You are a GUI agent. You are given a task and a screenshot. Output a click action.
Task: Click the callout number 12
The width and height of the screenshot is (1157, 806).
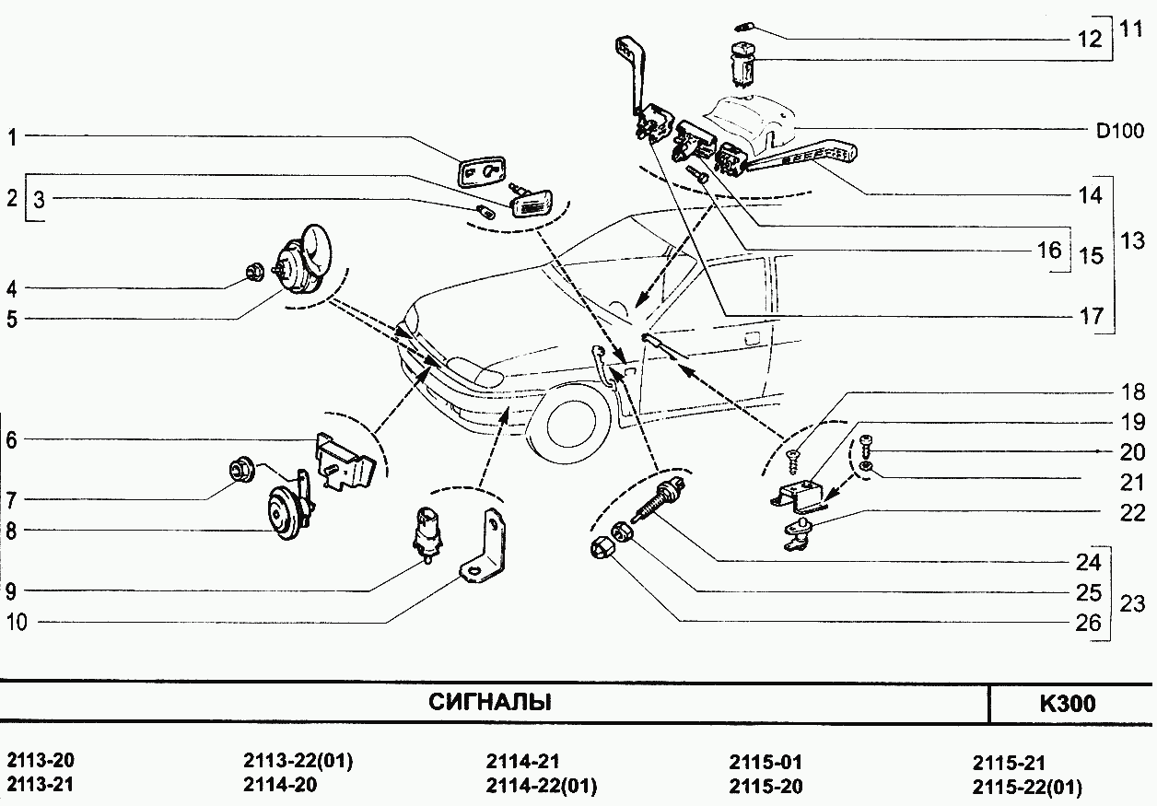(x=1090, y=39)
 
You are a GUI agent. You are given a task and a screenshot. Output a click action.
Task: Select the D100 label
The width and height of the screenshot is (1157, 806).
(x=1119, y=131)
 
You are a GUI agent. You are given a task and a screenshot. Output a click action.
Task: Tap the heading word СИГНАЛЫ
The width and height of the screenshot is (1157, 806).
(x=490, y=703)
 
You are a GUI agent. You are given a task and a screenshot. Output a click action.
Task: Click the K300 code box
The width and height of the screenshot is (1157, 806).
(x=1068, y=704)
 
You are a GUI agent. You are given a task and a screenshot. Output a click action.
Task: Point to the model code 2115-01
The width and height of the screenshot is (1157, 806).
(x=765, y=763)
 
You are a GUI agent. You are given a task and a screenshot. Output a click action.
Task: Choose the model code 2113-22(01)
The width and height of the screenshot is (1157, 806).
(x=298, y=763)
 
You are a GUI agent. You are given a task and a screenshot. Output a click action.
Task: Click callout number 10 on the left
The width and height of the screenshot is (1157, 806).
(x=17, y=623)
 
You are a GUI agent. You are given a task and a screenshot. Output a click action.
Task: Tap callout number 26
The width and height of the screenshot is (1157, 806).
(x=1089, y=624)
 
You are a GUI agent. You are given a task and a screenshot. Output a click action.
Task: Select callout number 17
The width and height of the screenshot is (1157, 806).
(x=1091, y=316)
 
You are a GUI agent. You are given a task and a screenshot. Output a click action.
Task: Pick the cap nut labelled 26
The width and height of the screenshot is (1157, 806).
(x=599, y=550)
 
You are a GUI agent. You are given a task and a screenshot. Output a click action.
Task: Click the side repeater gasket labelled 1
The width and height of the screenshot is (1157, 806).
(x=481, y=171)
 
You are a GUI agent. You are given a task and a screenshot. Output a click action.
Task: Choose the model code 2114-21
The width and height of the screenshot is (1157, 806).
(x=521, y=763)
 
